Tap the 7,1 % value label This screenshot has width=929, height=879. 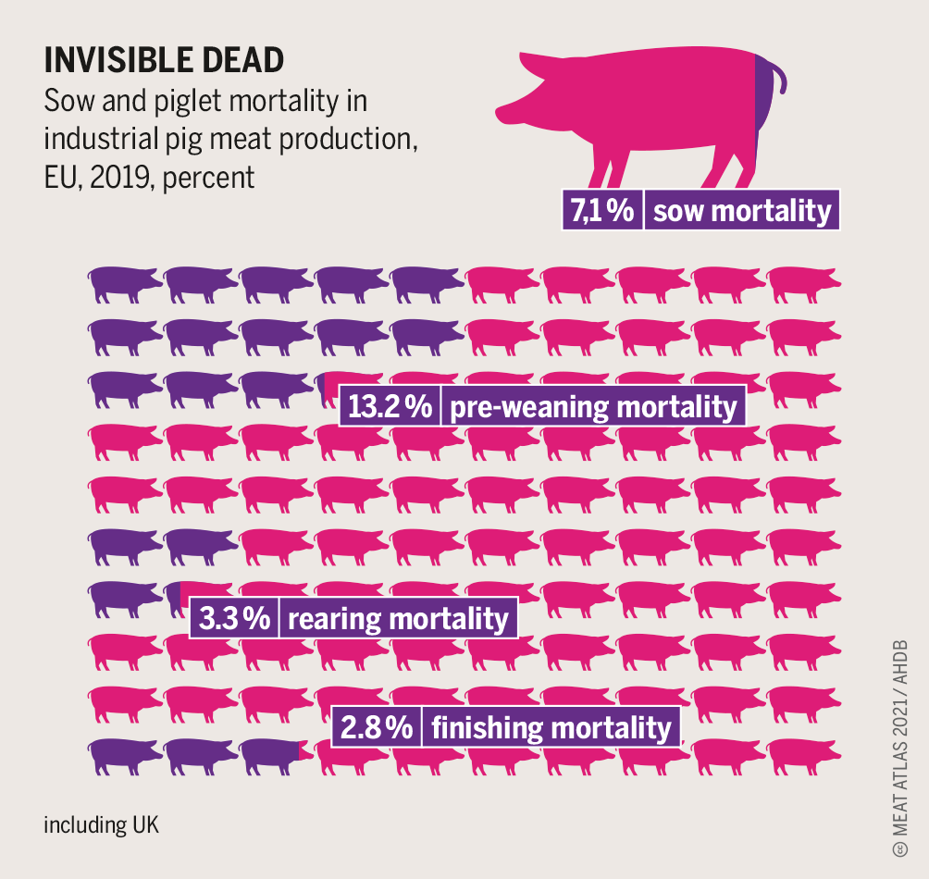click(601, 211)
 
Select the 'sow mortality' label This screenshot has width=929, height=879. click(742, 211)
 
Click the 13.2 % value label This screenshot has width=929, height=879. click(389, 407)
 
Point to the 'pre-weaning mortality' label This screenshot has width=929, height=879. click(593, 407)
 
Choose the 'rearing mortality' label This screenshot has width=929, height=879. click(398, 619)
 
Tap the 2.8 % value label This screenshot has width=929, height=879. click(377, 727)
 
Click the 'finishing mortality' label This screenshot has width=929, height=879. click(551, 727)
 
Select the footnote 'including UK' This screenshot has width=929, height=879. click(101, 824)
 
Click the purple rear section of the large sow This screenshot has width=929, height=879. click(763, 111)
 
